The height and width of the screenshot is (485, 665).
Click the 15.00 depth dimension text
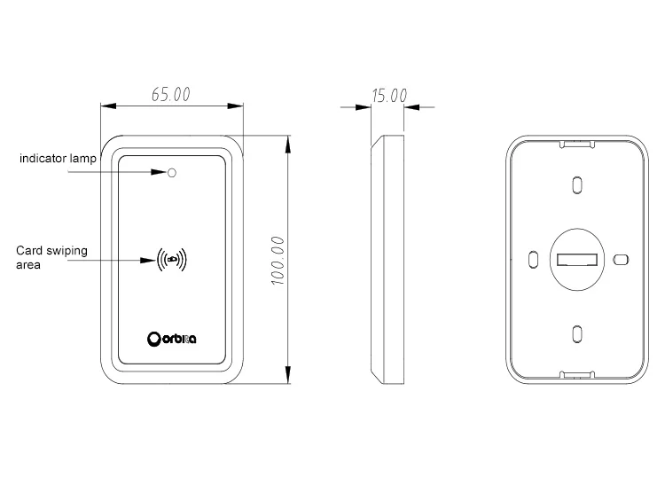tap(389, 96)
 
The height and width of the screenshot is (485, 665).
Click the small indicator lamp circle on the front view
tap(172, 172)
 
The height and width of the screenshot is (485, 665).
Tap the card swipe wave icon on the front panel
tap(172, 260)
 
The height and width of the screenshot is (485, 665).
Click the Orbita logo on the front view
tap(172, 338)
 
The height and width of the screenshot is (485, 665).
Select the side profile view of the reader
tap(388, 260)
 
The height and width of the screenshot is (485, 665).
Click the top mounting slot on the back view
tap(577, 184)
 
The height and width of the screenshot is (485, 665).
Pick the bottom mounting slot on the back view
tap(577, 334)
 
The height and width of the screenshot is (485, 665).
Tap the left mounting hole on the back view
tap(534, 260)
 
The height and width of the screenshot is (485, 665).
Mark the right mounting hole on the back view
tap(621, 260)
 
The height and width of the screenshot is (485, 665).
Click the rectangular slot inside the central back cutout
tap(577, 260)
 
